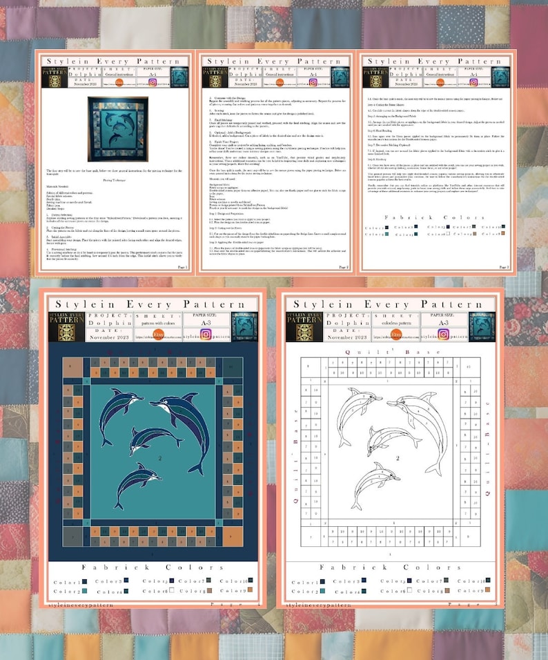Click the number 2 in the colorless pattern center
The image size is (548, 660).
tap(398, 457)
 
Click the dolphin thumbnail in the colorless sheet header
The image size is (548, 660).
tap(481, 326)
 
